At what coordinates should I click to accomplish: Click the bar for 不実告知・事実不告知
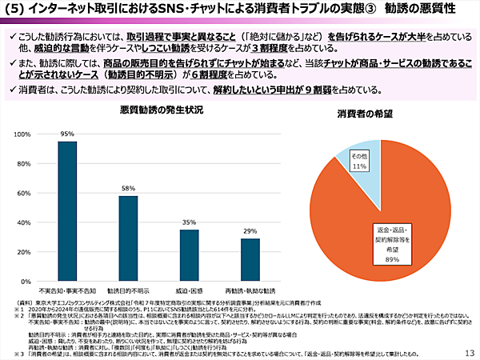coord(67,210)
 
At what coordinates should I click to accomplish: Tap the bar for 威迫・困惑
coord(189,254)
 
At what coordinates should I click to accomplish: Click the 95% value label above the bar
coord(67,134)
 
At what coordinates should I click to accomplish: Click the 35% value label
coord(189,222)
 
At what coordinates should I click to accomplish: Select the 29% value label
coord(250,230)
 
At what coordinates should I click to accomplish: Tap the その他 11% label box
coord(358,161)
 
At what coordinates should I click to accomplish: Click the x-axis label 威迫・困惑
coord(189,290)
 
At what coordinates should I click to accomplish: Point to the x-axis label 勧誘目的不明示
coord(128,290)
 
